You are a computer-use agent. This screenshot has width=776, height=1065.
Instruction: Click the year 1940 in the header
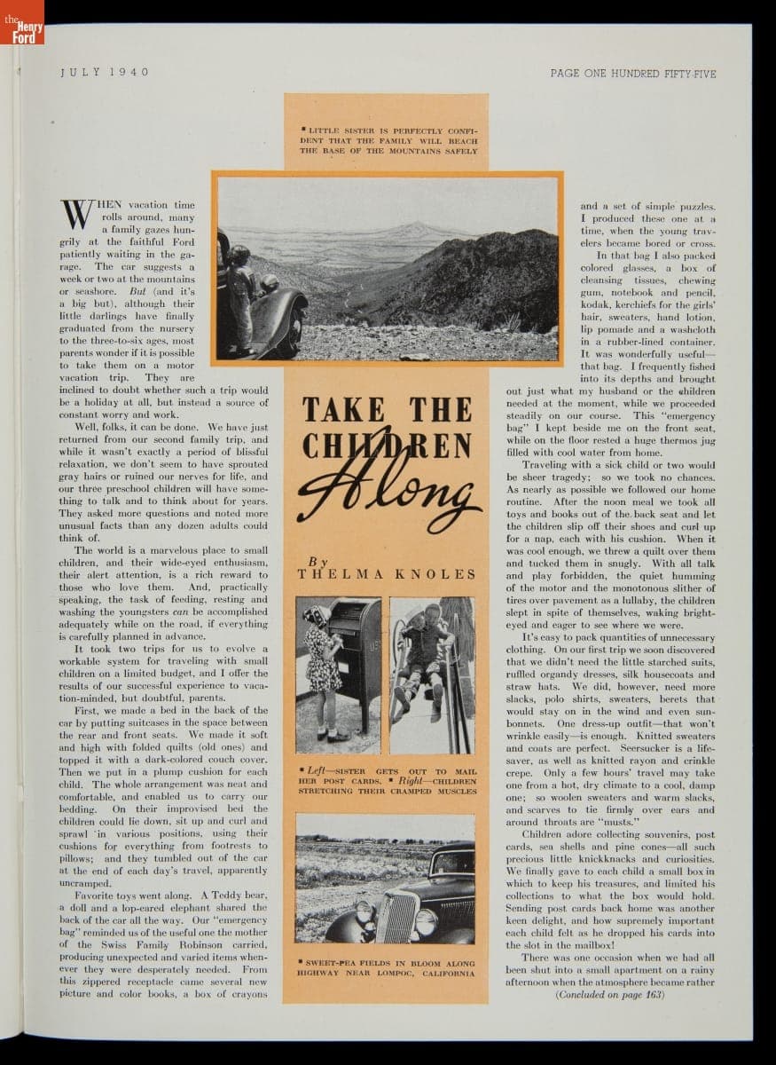click(130, 72)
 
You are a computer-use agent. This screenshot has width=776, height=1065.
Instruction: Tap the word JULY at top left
click(78, 72)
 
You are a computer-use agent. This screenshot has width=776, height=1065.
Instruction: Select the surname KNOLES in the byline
click(436, 574)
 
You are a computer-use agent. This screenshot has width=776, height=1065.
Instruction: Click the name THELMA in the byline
click(340, 574)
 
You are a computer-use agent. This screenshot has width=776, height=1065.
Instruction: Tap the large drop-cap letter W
click(77, 216)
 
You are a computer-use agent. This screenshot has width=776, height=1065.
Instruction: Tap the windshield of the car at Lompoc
click(452, 862)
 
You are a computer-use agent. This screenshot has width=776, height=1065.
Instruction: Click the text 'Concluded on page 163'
click(609, 995)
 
